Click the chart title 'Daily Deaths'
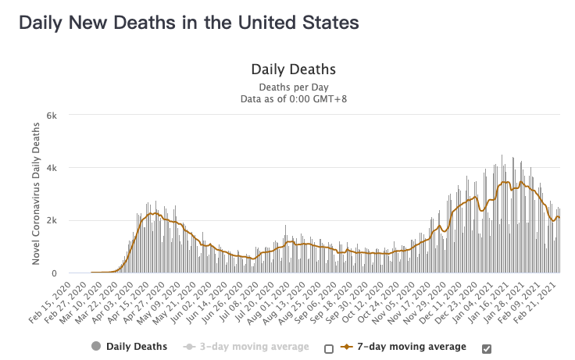click(x=293, y=70)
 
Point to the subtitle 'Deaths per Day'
click(x=293, y=87)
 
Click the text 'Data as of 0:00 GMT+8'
click(x=293, y=98)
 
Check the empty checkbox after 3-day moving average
click(x=329, y=348)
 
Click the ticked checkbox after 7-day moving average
click(x=487, y=348)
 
